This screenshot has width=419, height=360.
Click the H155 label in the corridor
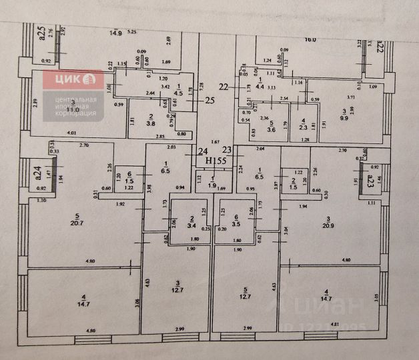pos(216,161)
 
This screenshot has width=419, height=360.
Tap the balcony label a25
pos(41,33)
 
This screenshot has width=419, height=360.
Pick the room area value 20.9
pos(328,224)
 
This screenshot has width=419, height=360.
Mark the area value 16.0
pos(311,39)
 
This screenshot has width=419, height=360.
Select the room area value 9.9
pos(345,118)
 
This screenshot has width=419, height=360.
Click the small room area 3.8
pos(151,123)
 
